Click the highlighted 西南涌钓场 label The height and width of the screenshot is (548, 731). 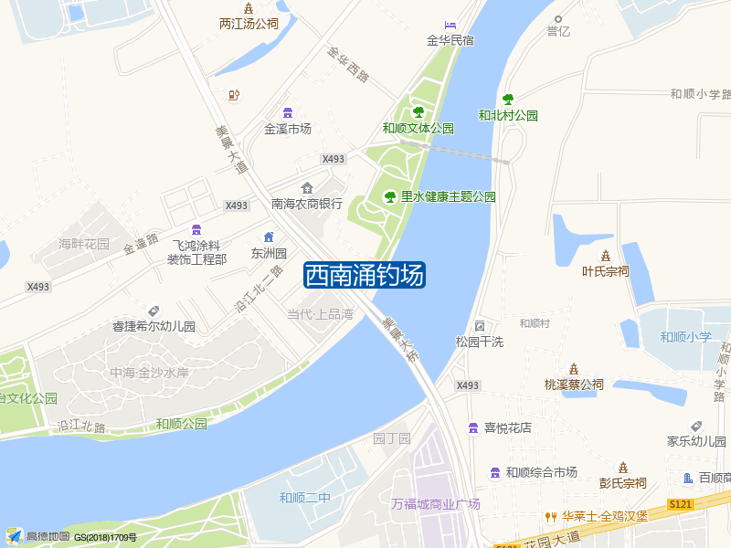point(364,275)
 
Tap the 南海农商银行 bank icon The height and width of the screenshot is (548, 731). point(307,188)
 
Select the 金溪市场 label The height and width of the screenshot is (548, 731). point(288,129)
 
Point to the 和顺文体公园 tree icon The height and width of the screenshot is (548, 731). point(418,112)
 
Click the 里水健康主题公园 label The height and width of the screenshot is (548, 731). point(448,196)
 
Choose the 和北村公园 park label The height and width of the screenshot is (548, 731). point(508,116)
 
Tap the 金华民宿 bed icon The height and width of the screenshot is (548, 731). point(450,24)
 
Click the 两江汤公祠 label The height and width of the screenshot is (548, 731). point(249,25)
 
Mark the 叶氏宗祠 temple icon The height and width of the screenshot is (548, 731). point(606,255)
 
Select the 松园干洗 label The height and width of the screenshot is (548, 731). point(480,342)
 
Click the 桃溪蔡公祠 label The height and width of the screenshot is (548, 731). point(574,385)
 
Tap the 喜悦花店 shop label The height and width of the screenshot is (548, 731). point(507,427)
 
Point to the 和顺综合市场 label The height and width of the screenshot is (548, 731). point(542,472)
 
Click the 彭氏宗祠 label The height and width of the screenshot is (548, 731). point(623,483)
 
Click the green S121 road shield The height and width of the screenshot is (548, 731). point(680,504)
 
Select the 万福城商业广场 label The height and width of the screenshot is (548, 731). point(436,504)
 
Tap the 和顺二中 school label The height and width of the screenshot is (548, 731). point(305,498)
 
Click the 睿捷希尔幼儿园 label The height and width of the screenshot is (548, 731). point(154,326)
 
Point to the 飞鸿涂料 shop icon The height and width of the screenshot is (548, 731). point(196,229)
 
